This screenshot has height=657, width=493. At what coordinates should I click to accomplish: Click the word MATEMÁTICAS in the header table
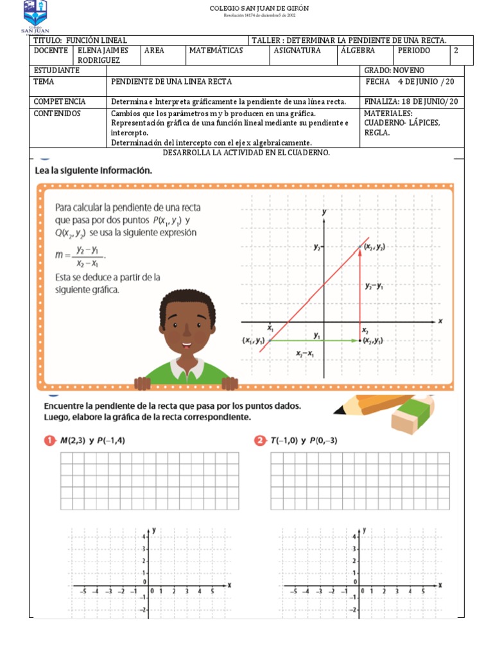pyautogui.click(x=216, y=50)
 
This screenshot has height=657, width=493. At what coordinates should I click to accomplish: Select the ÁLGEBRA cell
pyautogui.click(x=359, y=50)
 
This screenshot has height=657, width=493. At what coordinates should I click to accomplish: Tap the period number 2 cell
pyautogui.click(x=456, y=50)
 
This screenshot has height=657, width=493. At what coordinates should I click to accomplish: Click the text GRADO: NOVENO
pyautogui.click(x=394, y=70)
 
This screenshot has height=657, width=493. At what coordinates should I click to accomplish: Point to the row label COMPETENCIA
pyautogui.click(x=60, y=101)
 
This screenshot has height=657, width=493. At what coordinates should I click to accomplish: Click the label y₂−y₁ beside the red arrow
pyautogui.click(x=374, y=287)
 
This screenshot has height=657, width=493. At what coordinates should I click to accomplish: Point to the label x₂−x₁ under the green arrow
pyautogui.click(x=304, y=354)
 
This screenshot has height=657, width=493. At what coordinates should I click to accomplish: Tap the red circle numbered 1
pyautogui.click(x=49, y=441)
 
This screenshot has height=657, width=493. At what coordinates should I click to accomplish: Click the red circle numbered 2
pyautogui.click(x=259, y=441)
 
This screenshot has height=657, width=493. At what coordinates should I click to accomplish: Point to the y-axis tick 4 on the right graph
pyautogui.click(x=354, y=536)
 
